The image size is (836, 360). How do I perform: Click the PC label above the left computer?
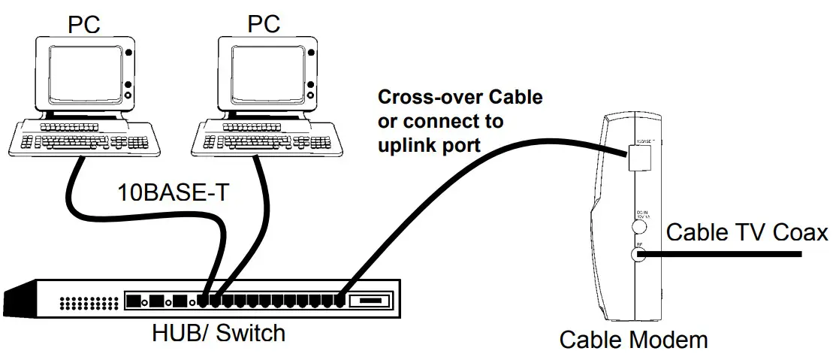(84, 23)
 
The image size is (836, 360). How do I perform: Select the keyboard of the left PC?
(82, 136)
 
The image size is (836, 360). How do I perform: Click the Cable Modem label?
(633, 340)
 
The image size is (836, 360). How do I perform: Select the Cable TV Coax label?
(747, 233)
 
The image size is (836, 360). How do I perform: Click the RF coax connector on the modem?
(639, 255)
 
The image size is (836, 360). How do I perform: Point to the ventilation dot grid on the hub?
(89, 303)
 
